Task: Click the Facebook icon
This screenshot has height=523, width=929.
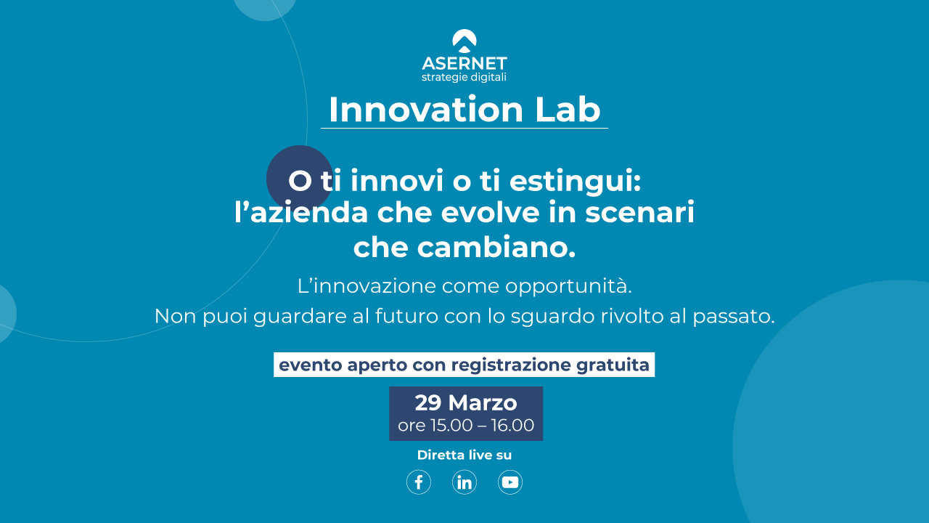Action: click(x=419, y=482)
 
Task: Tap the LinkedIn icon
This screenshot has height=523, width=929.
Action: click(x=464, y=482)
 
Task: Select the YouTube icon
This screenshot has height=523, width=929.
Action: click(x=510, y=482)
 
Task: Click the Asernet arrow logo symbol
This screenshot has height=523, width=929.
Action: click(x=464, y=41)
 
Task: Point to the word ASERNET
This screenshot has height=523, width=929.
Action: click(x=464, y=63)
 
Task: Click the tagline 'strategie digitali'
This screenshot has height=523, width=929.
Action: click(x=464, y=78)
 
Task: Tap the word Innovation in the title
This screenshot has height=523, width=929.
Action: click(x=426, y=110)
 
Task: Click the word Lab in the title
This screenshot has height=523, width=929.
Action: click(x=568, y=110)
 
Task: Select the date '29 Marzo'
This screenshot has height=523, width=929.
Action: click(x=466, y=402)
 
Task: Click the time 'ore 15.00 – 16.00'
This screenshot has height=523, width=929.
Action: click(x=466, y=425)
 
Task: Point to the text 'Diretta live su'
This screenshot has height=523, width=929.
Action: click(x=464, y=455)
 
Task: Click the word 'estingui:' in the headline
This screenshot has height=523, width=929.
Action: click(x=576, y=182)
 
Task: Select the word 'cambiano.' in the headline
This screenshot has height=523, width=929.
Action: click(x=496, y=248)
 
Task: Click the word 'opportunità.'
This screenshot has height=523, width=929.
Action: click(x=568, y=286)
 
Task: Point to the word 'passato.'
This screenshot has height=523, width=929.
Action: click(x=734, y=316)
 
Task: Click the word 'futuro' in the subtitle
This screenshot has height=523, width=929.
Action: click(x=406, y=316)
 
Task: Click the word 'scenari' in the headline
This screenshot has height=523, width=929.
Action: click(x=639, y=212)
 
